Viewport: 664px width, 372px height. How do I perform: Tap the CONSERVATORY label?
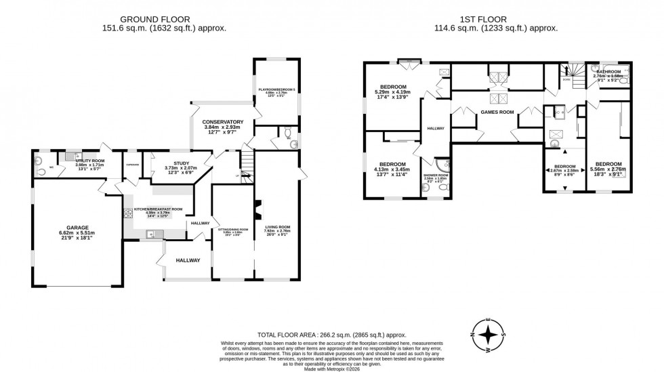(x=223, y=122)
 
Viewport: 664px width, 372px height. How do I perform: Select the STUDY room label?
(x=181, y=163)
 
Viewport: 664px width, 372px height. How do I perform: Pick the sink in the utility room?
(x=70, y=156)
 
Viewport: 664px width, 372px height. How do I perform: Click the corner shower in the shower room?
(x=441, y=165)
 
